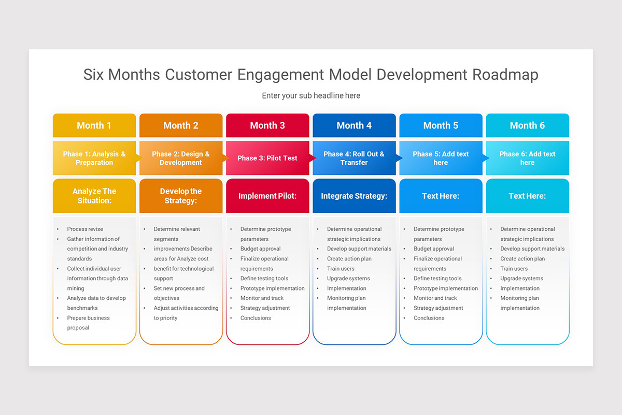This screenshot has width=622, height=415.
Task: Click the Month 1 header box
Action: [94, 126]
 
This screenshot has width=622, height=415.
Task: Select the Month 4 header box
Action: [354, 126]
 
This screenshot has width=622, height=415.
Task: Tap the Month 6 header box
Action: [527, 126]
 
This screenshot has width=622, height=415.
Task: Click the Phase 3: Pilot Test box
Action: [267, 158]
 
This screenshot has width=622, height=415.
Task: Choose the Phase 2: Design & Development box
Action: [181, 158]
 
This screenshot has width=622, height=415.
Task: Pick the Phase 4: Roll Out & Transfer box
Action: [354, 158]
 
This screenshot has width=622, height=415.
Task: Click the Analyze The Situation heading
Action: [94, 196]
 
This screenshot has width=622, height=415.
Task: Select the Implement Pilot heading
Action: [267, 196]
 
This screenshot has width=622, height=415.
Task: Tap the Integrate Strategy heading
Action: [354, 196]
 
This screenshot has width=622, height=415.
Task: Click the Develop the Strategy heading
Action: [181, 196]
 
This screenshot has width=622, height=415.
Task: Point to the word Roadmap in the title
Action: [505, 75]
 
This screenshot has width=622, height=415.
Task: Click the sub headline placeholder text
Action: [311, 95]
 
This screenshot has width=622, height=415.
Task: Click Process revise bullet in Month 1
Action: [85, 229]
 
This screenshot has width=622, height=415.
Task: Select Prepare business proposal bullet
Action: [88, 323]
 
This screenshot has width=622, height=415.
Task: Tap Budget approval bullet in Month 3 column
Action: [260, 249]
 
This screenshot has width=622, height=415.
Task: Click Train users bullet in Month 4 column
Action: [341, 269]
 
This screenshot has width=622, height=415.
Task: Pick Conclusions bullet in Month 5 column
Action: [429, 318]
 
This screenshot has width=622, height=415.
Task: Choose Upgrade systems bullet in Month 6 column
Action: [521, 279]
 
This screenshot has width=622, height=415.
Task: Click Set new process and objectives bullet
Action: [179, 293]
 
